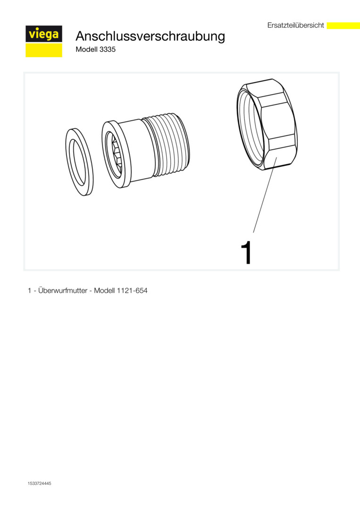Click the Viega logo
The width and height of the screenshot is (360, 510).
(x=44, y=41)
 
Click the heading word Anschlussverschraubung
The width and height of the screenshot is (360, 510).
(x=150, y=36)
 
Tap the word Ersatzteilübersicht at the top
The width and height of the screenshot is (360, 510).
(x=296, y=25)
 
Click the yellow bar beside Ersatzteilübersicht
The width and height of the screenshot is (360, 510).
(x=343, y=25)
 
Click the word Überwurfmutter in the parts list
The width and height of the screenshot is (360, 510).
(x=63, y=290)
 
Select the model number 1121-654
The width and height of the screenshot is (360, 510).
(x=132, y=290)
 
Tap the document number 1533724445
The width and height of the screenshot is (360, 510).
(x=39, y=484)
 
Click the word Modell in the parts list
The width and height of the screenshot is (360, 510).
(x=104, y=290)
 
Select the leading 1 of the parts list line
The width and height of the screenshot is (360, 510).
(x=30, y=290)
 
